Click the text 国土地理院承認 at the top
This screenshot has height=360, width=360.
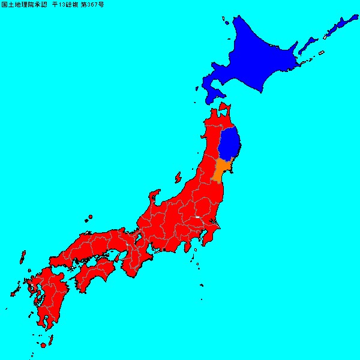24,4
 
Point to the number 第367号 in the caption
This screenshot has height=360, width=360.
91,4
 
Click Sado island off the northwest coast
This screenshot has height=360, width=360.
178,178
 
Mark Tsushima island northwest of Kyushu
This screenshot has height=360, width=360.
22,259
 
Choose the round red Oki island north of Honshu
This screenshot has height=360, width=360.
90,217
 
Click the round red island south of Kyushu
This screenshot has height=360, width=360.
43,346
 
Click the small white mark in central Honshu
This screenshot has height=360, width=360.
197,217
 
